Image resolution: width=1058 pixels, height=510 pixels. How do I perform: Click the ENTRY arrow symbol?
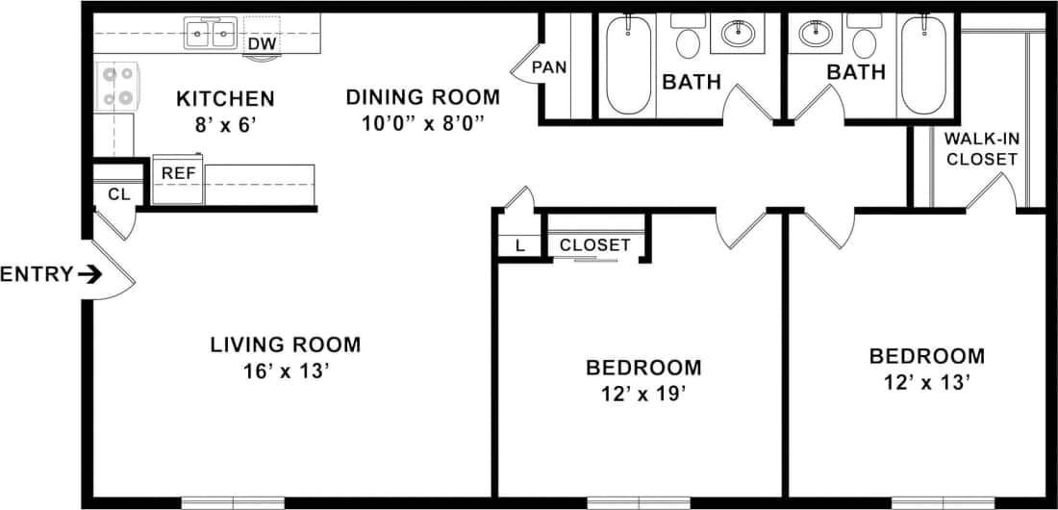point(89,275)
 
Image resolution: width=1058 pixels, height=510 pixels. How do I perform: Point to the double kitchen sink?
point(212,36)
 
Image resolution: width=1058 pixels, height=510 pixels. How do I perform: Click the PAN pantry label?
point(548,67)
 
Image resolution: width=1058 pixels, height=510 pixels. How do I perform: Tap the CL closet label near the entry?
point(118,194)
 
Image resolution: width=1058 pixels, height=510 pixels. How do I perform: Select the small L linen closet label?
point(520,245)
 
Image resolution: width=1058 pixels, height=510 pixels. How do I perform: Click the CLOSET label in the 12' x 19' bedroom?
point(594,245)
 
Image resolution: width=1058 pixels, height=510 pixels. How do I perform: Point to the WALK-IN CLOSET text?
point(981,148)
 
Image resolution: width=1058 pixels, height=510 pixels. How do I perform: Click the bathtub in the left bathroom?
point(630,67)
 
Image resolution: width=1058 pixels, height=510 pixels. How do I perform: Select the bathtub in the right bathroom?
point(924,67)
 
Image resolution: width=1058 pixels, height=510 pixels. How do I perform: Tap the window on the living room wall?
point(233,502)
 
